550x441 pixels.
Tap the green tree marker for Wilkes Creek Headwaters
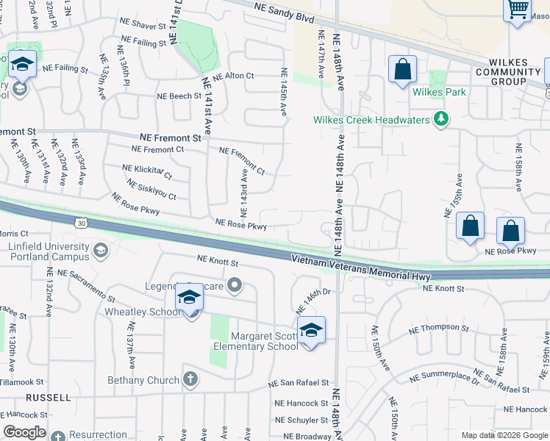point(441,119)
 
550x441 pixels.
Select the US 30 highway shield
point(79,220)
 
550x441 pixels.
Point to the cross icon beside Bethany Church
point(190,380)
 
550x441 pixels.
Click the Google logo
point(24,432)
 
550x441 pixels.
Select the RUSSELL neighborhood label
point(48,398)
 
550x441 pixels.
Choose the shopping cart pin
point(518,10)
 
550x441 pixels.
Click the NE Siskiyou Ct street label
point(151,190)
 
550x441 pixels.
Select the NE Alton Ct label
point(233,76)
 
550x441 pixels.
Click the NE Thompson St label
point(439,327)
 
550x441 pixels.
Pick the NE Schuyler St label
point(301,420)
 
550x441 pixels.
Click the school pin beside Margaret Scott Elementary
point(311,330)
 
